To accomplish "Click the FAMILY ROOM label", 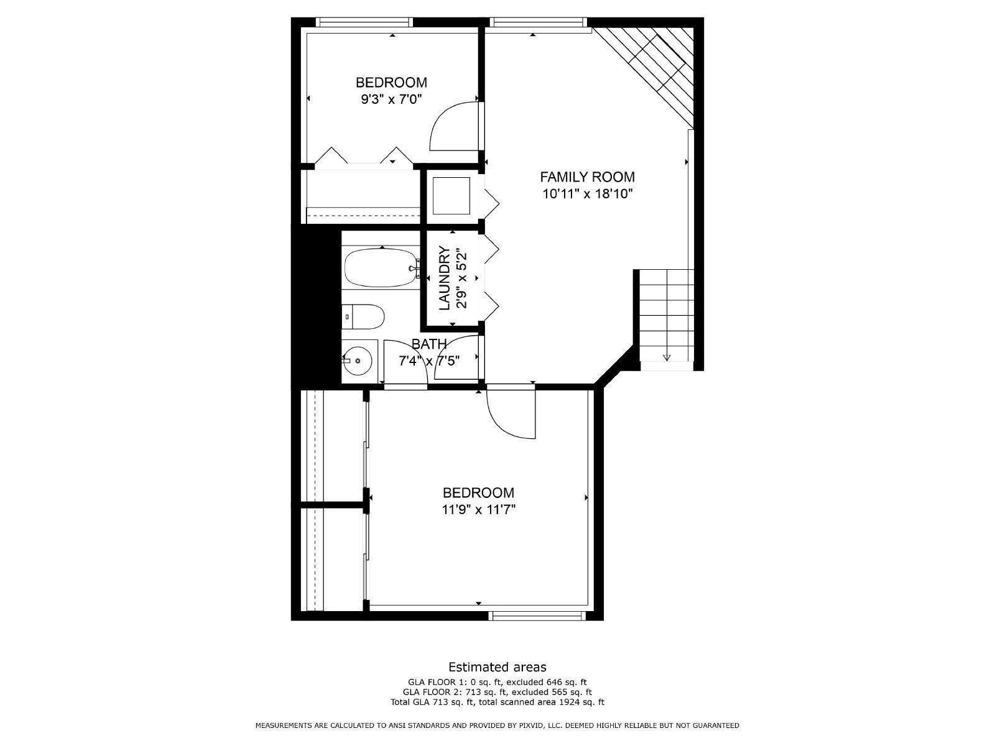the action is [x=587, y=177].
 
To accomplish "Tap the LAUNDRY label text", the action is [x=445, y=278].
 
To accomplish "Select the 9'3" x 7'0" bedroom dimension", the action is [x=391, y=99].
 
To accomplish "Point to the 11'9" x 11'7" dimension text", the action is [x=479, y=510].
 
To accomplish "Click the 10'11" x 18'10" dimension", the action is [x=587, y=194].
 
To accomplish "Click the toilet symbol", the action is [x=364, y=317].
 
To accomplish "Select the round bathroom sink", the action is [x=358, y=361].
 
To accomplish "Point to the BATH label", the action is [x=429, y=344].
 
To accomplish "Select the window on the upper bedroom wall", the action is [x=364, y=22].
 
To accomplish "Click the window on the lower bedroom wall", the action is [x=537, y=615].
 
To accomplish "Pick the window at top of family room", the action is [x=538, y=22].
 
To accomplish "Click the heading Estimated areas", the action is [x=497, y=667].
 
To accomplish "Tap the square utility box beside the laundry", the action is [x=451, y=195].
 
